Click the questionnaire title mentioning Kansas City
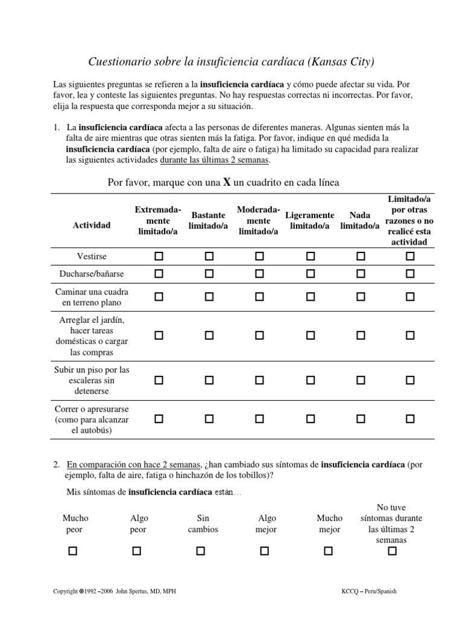[231, 61]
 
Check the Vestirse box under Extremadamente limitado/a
[159, 256]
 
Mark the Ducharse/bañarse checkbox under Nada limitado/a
[360, 274]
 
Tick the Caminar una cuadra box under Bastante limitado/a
[209, 296]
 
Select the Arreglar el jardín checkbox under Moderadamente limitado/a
[259, 335]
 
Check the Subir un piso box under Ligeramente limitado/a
[310, 380]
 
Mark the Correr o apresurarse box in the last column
[410, 418]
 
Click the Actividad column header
[92, 225]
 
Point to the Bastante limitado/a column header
[208, 220]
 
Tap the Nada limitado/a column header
[360, 220]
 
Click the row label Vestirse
[92, 256]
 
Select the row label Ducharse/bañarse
[92, 274]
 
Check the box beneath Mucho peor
[73, 551]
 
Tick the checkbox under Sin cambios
[200, 551]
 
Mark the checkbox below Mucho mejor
[328, 551]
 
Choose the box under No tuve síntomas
[392, 551]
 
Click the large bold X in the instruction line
[227, 183]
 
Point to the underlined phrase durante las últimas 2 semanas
[215, 160]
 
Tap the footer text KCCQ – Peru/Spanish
[368, 592]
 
